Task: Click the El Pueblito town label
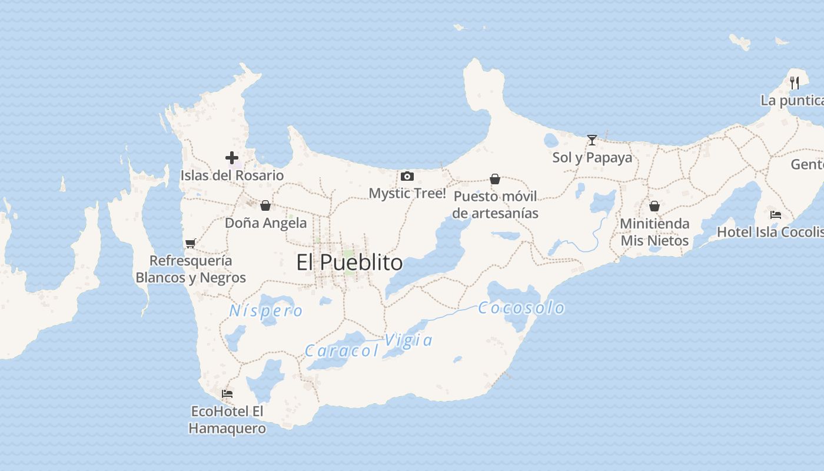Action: [350, 263]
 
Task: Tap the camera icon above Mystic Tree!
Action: [407, 176]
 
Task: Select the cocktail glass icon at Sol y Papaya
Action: [592, 140]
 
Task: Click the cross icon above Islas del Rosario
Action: [232, 158]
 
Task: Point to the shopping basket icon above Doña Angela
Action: [265, 205]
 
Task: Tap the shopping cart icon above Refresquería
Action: [190, 243]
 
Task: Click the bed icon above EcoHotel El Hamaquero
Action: [227, 394]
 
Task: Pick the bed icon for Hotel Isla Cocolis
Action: [776, 215]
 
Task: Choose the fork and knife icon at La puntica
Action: [795, 82]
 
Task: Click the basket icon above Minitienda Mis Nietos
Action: [654, 206]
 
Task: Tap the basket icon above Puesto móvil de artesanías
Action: [495, 179]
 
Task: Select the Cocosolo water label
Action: [521, 308]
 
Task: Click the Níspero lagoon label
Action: [266, 311]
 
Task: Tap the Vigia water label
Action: [408, 340]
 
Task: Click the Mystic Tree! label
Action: [407, 193]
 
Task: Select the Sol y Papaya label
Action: [592, 158]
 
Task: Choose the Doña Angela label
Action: [265, 223]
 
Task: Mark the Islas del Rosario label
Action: [232, 175]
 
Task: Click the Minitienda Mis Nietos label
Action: [654, 232]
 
